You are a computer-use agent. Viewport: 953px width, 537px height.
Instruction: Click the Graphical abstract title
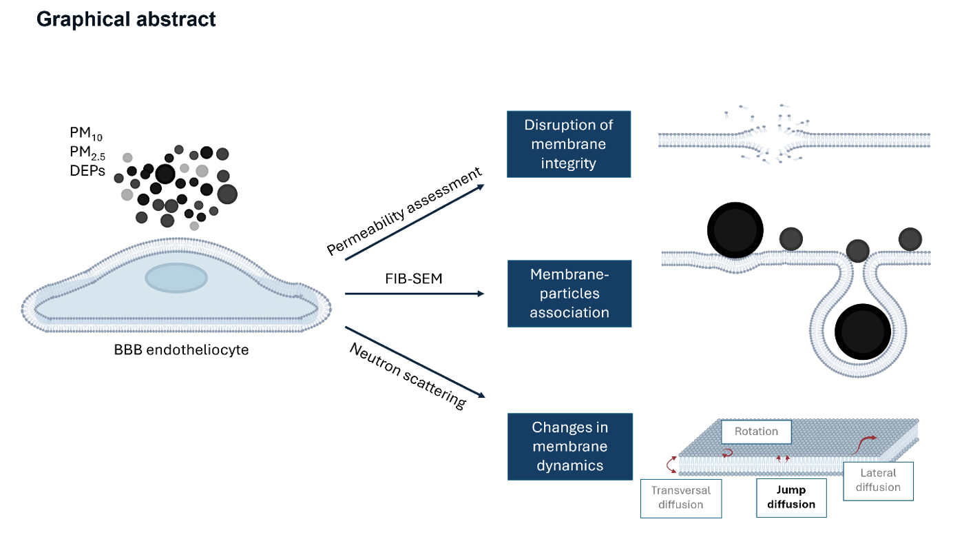(126, 19)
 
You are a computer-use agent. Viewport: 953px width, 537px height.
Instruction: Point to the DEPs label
(87, 171)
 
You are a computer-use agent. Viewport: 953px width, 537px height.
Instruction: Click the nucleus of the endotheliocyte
(176, 277)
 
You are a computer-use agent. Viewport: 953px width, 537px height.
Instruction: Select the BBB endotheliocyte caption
(181, 350)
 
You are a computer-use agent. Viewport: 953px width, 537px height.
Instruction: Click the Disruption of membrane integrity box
(569, 145)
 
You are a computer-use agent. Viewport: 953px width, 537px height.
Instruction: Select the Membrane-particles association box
(569, 294)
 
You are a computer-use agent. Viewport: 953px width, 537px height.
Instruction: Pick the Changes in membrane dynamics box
(569, 447)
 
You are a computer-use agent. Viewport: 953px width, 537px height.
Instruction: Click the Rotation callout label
(756, 432)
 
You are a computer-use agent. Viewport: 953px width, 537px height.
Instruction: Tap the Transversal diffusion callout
(680, 497)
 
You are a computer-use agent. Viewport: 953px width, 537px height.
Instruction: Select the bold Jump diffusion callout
(791, 497)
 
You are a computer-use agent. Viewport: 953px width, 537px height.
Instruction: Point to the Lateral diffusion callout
(878, 480)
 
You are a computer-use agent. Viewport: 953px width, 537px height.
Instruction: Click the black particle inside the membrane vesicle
(863, 332)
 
